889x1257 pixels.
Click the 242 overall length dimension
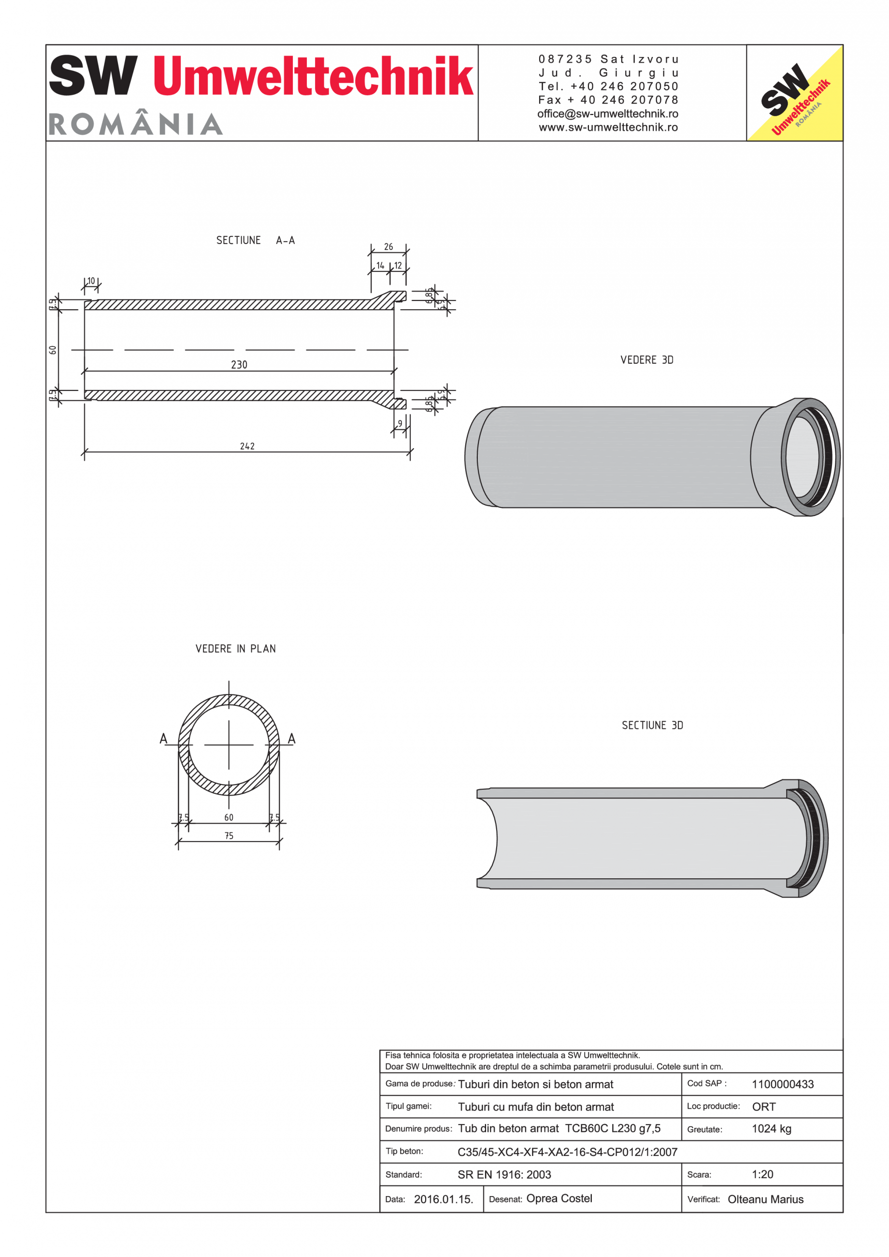point(247,446)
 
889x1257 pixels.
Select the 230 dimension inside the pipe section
point(239,365)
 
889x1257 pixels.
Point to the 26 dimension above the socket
point(388,247)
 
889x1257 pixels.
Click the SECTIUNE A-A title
point(255,241)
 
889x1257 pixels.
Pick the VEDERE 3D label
point(646,360)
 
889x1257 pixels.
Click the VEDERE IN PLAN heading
point(235,649)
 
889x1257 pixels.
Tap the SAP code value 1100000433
point(782,1084)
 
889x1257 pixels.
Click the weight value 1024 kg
point(771,1128)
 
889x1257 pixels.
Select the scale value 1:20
point(762,1174)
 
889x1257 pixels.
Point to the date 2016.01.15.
point(444,1199)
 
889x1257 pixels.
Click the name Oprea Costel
point(559,1199)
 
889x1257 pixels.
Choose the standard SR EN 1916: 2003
point(504,1174)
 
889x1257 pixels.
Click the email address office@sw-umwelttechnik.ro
point(608,114)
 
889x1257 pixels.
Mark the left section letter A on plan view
point(163,739)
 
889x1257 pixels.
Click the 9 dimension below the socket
point(400,423)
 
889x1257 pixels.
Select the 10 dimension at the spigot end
point(91,281)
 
